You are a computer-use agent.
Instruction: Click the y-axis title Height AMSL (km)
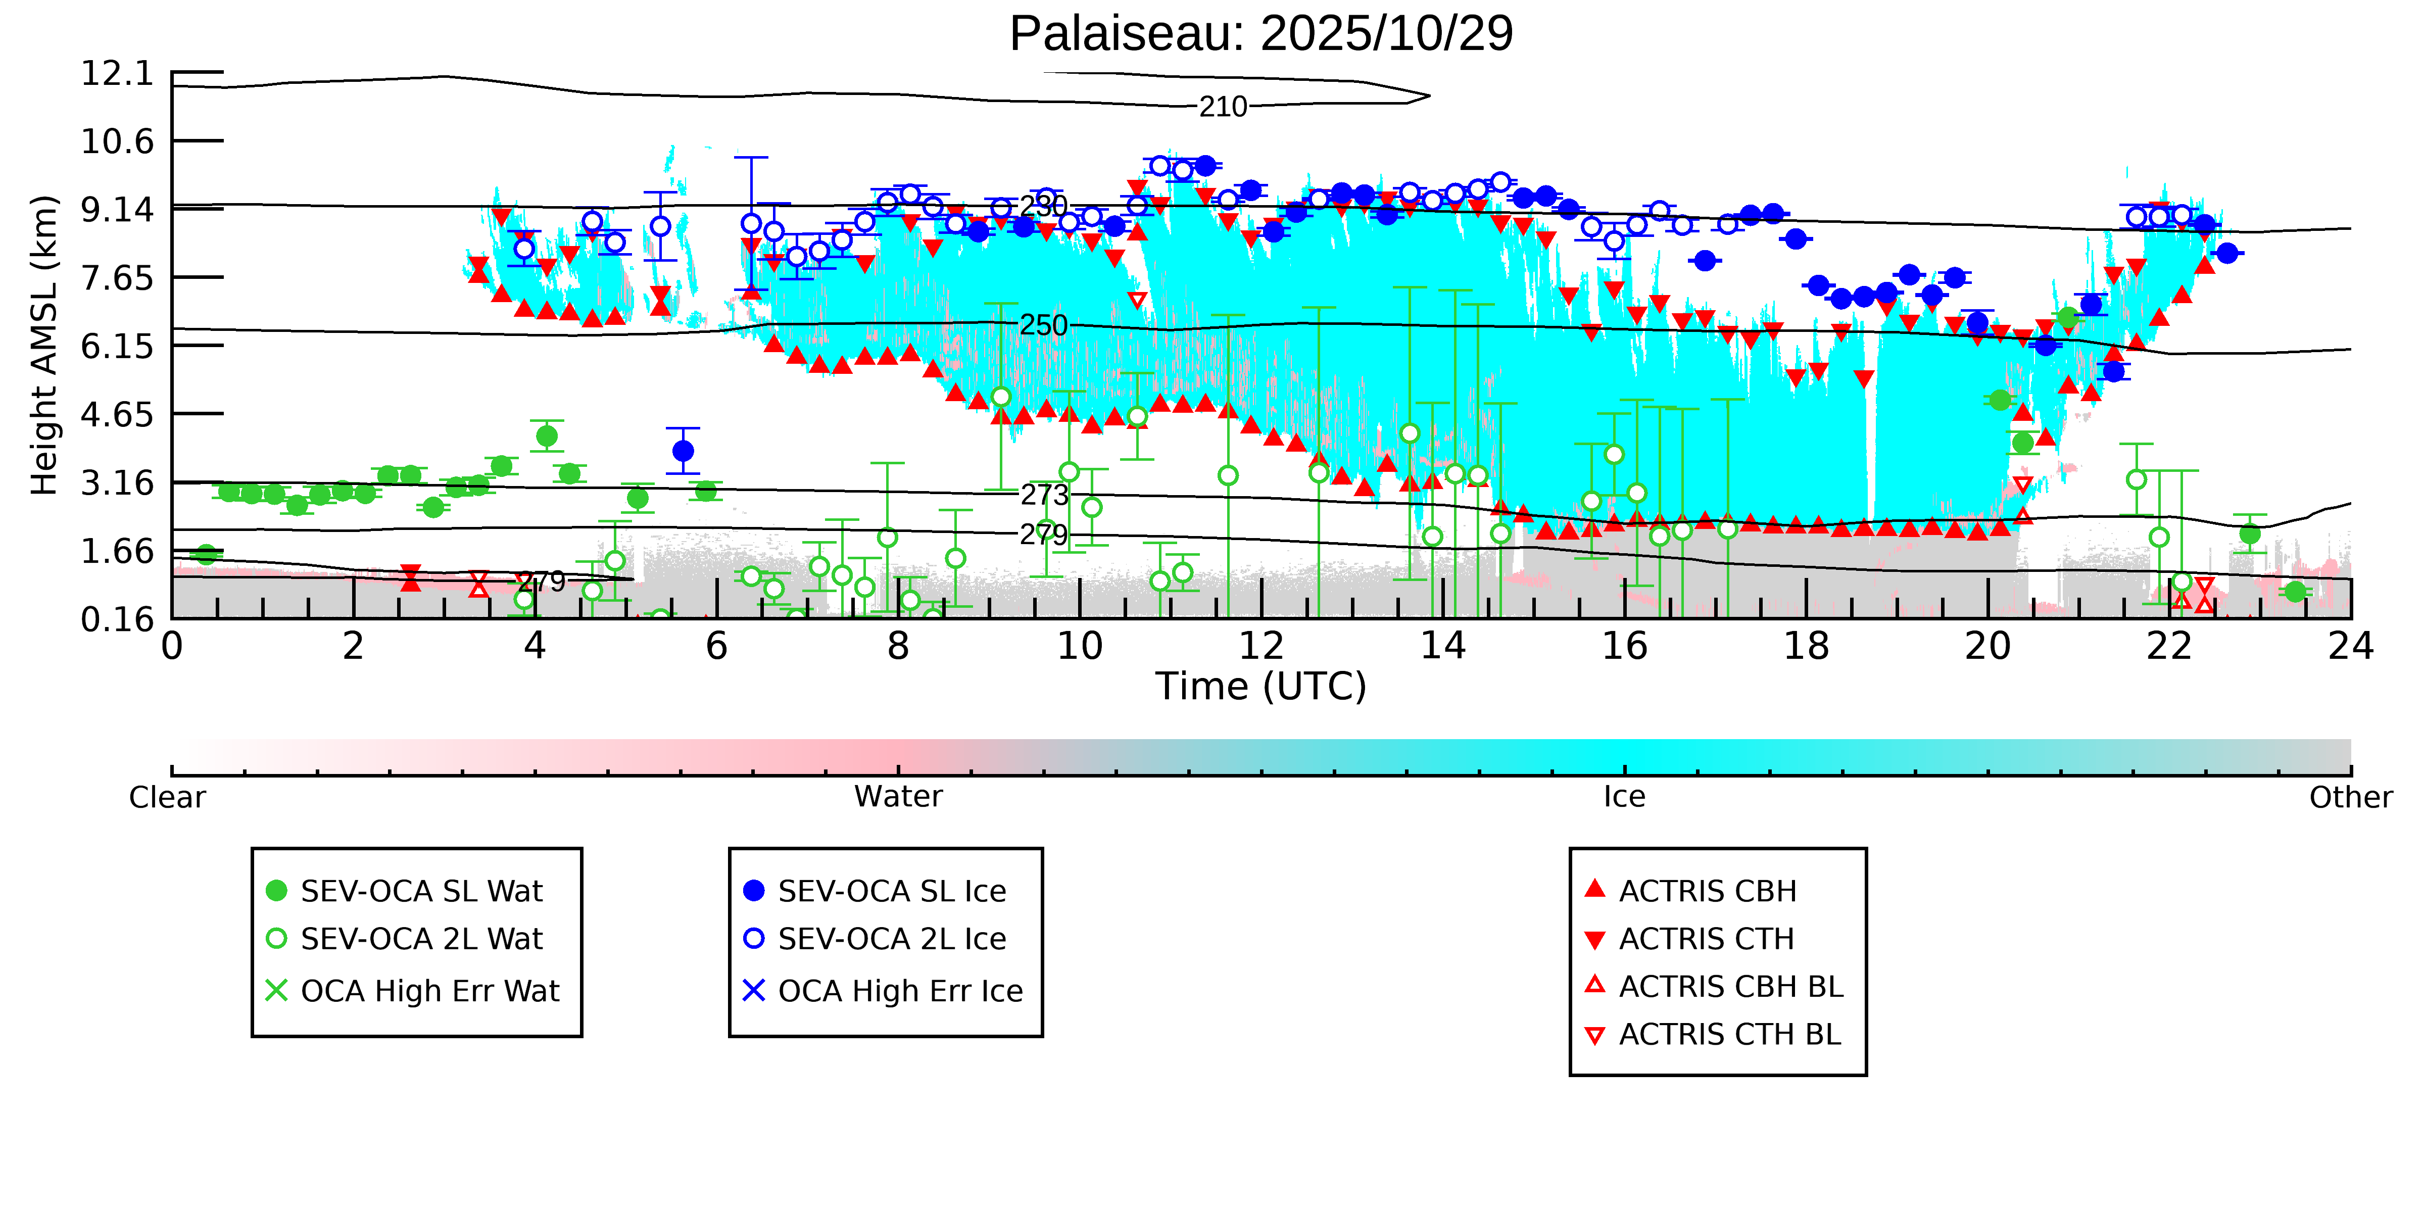click(x=44, y=346)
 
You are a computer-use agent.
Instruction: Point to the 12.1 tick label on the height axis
click(x=117, y=73)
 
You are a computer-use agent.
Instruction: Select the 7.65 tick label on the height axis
click(x=117, y=278)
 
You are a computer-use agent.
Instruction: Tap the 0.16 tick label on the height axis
click(x=117, y=619)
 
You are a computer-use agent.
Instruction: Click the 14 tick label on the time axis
click(x=1442, y=647)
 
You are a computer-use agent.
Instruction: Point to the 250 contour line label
click(x=1044, y=325)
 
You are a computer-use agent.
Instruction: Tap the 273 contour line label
click(x=1044, y=495)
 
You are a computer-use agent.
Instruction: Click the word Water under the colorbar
click(x=898, y=797)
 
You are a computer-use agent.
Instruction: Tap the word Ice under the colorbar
click(x=1624, y=797)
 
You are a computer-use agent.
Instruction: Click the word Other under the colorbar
click(x=2350, y=797)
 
